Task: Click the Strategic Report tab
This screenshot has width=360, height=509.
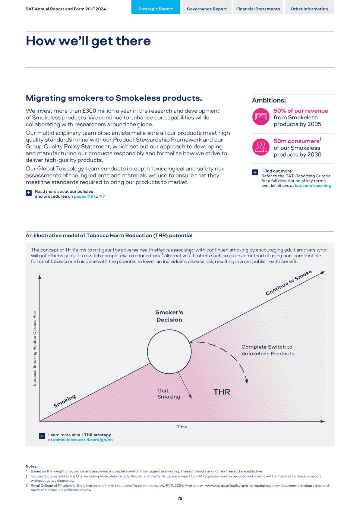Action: [155, 9]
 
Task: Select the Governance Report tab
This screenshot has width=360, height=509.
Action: [206, 9]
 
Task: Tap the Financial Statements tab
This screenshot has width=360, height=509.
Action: [258, 9]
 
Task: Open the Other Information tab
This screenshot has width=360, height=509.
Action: [309, 9]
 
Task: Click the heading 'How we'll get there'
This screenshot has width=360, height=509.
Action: [88, 41]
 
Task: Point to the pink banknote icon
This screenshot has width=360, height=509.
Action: [260, 117]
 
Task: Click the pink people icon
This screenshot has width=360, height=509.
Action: [260, 147]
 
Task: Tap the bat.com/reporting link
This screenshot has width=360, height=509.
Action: [313, 186]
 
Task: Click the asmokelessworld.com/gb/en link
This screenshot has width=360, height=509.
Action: [83, 440]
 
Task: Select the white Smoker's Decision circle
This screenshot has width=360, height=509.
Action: [169, 351]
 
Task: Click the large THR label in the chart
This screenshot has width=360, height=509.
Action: [222, 392]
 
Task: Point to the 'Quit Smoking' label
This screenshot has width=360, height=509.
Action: [168, 394]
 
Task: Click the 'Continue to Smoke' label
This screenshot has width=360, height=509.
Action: [288, 283]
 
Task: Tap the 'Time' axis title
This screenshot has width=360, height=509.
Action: [182, 427]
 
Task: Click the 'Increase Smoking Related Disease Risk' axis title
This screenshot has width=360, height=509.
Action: [35, 348]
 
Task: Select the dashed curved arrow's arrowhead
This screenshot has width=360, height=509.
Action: [246, 381]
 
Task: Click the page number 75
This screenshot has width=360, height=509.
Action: [180, 498]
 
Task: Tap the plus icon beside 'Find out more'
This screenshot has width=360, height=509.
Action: [255, 172]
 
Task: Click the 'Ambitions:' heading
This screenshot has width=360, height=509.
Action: [269, 100]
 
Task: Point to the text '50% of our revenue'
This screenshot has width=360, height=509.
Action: [301, 111]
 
